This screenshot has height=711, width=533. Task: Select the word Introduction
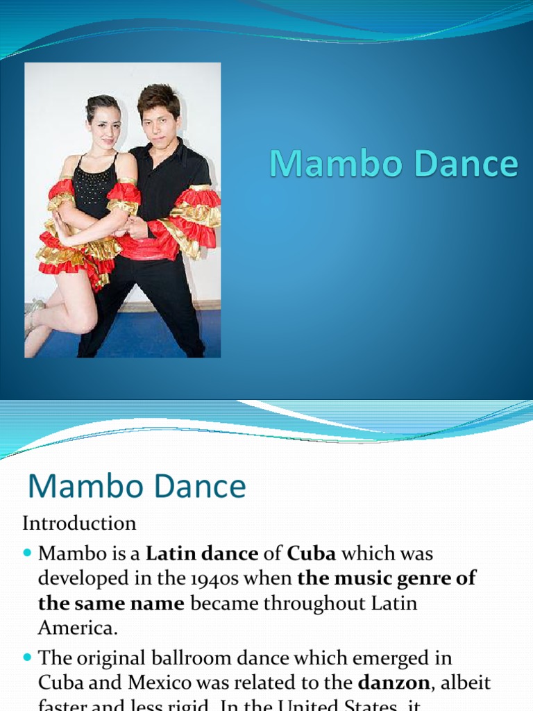(80, 523)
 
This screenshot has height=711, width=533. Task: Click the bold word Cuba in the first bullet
(312, 554)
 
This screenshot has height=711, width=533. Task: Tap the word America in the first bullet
(78, 628)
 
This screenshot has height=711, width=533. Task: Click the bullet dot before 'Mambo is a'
(28, 554)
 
